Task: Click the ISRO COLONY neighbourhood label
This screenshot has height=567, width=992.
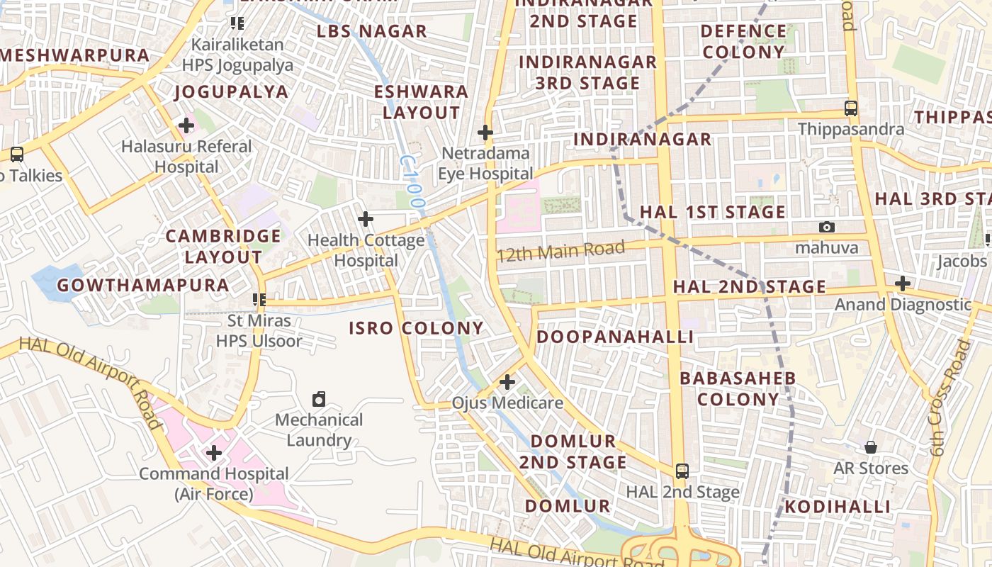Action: [416, 328]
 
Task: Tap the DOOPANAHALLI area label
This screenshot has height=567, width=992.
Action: [614, 337]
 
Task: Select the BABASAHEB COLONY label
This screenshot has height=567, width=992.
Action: [738, 388]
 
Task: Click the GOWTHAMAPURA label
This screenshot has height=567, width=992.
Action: [142, 286]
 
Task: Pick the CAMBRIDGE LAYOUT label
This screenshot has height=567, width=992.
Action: [223, 247]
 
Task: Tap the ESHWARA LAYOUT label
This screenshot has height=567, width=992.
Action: [421, 102]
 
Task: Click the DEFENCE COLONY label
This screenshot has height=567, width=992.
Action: [743, 41]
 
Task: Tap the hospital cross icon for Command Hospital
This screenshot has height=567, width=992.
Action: [214, 452]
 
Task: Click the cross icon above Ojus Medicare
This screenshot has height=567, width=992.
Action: [507, 383]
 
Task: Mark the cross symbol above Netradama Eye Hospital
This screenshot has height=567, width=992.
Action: [485, 133]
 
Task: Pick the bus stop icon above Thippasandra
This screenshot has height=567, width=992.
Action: [851, 108]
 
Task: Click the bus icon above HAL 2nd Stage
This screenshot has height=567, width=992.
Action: [682, 471]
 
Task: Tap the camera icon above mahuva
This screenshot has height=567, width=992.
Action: [826, 227]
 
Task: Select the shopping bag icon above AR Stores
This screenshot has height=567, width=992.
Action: [871, 447]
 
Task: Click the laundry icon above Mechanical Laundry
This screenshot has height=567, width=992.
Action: [319, 399]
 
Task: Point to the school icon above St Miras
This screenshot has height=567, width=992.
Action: [259, 300]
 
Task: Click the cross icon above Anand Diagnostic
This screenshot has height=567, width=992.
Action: [902, 283]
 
